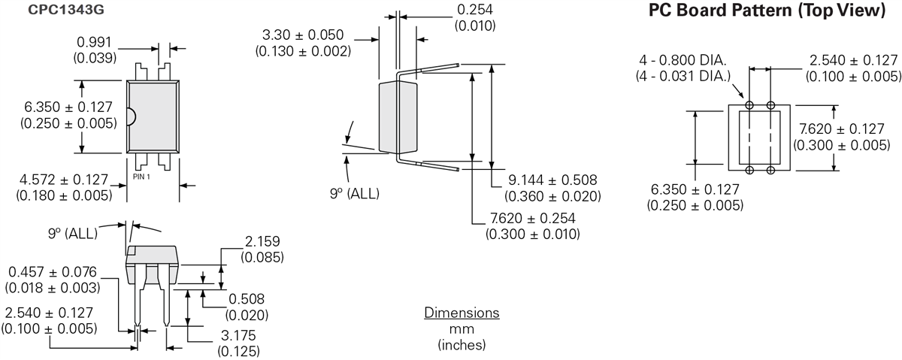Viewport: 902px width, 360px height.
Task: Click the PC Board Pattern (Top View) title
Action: (767, 11)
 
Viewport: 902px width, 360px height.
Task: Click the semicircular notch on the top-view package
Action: (131, 116)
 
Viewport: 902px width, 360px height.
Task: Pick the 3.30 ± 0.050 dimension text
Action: (303, 35)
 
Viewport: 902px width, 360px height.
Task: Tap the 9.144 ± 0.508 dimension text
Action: (552, 180)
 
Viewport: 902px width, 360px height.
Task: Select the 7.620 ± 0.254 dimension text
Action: (532, 218)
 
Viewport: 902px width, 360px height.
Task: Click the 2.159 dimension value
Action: (262, 242)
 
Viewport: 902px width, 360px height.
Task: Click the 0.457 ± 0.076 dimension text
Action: (52, 271)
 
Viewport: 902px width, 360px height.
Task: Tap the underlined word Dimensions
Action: (462, 312)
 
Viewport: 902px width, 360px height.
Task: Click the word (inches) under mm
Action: (462, 345)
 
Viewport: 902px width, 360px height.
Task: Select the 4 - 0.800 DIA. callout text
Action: (683, 60)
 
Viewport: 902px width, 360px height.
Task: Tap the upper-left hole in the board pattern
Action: (749, 104)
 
